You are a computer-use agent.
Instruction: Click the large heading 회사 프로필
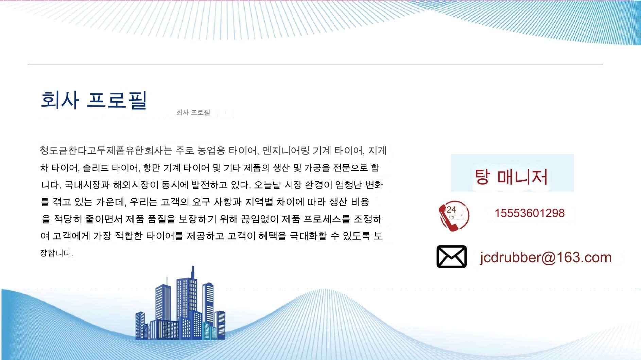(94, 100)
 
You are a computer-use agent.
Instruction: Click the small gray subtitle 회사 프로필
(193, 112)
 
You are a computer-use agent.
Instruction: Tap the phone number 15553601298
(530, 213)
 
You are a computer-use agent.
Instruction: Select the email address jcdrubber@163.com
(546, 257)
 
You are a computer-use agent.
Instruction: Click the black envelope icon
(451, 256)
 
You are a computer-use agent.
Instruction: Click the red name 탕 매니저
(511, 176)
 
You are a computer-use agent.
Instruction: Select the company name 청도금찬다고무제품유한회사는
(106, 150)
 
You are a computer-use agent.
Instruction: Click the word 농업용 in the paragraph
(211, 150)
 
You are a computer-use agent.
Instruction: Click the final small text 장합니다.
(56, 253)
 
